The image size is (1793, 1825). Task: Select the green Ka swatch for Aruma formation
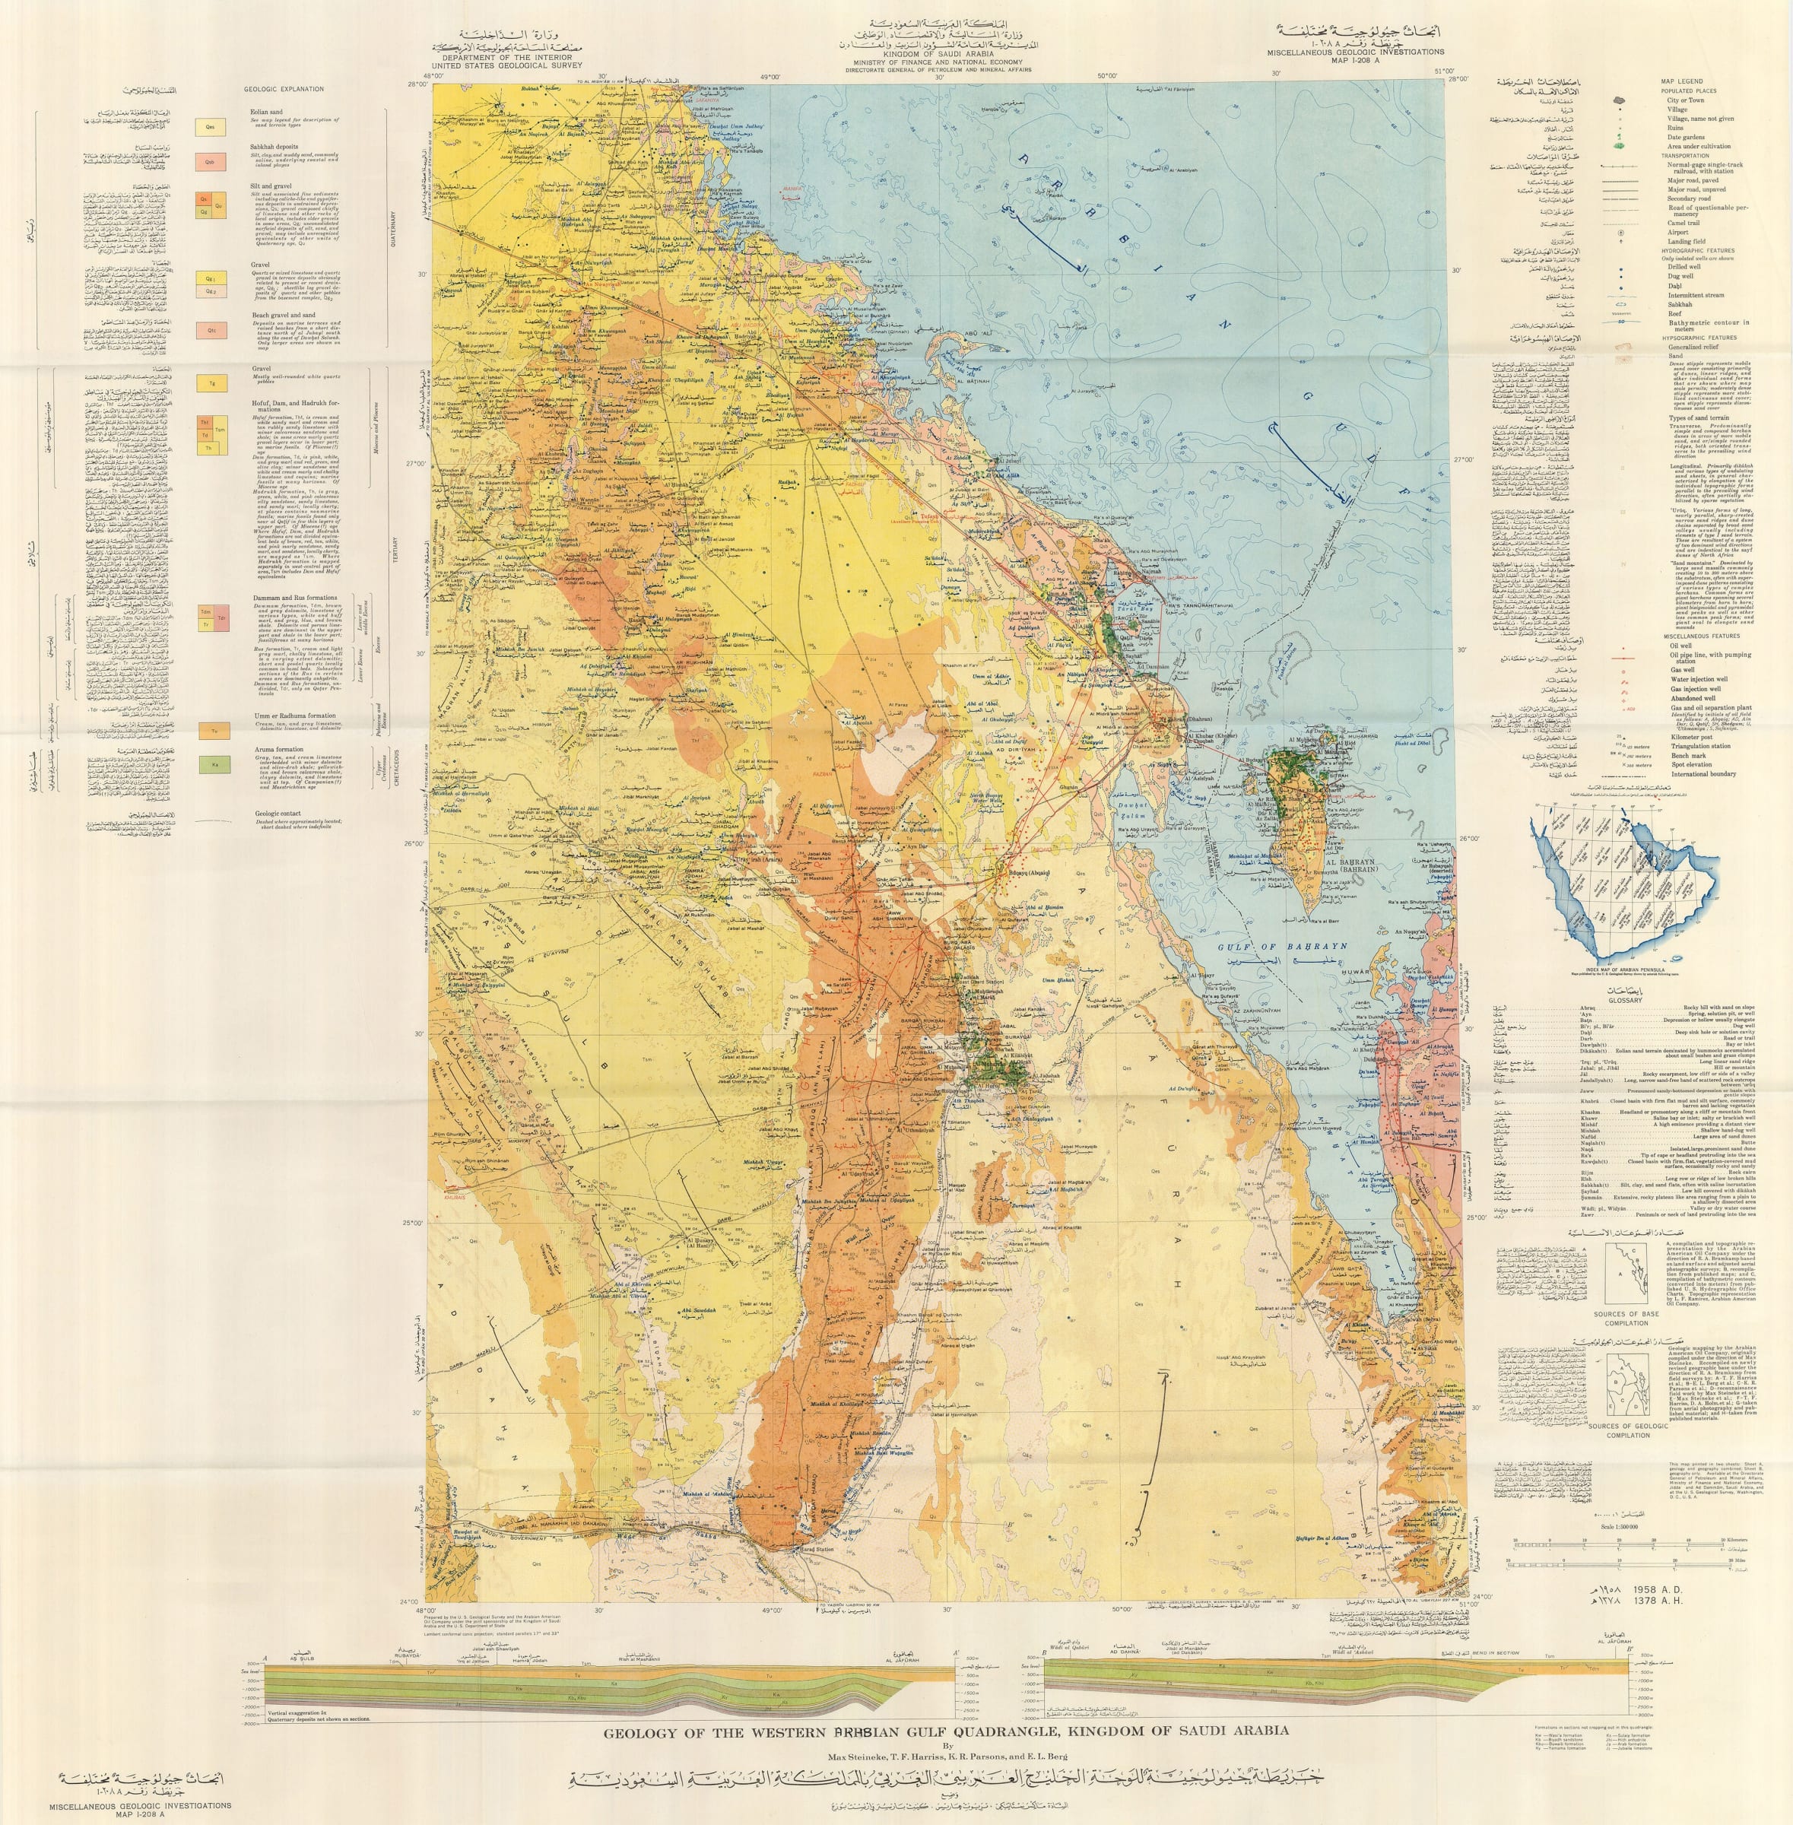[210, 766]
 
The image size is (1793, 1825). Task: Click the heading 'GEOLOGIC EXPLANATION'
[284, 90]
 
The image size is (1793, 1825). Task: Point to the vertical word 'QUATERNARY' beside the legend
[394, 225]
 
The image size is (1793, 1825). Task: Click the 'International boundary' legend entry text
[1703, 774]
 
